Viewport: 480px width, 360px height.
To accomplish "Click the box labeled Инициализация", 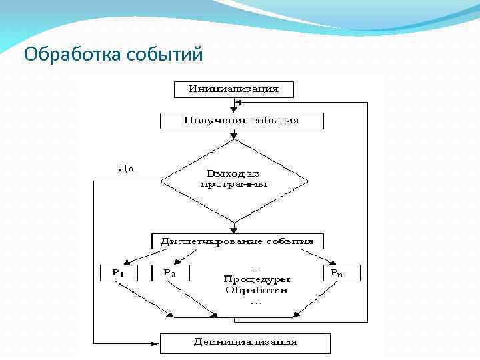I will (233, 89).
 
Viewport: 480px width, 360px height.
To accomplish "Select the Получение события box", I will (241, 121).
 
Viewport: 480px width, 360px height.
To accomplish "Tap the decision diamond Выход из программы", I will (234, 179).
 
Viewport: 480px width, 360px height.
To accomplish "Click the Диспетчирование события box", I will (237, 241).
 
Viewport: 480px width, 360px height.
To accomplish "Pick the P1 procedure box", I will (118, 273).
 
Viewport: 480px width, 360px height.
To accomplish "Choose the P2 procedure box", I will (171, 273).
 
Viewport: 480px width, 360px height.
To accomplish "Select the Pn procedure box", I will (342, 273).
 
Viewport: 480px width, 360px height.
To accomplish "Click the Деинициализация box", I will (245, 343).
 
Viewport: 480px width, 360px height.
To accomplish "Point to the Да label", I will (126, 169).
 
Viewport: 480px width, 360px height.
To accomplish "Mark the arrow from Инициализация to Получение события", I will (233, 105).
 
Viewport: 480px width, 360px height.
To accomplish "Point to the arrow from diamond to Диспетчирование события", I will (233, 227).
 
